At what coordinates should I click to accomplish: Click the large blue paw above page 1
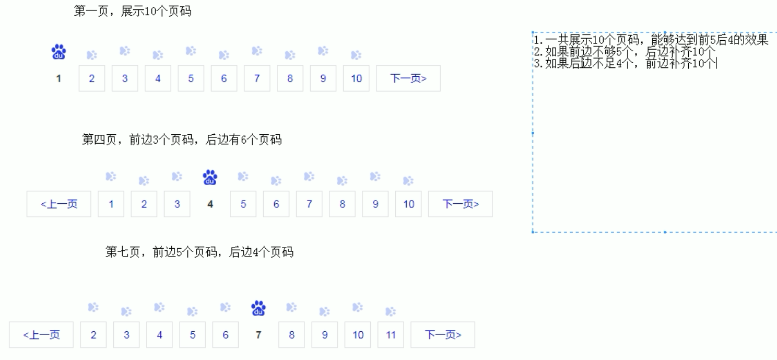[x=58, y=52]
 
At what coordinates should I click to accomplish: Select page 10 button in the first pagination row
[x=356, y=78]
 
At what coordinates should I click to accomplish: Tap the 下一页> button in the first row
[x=408, y=78]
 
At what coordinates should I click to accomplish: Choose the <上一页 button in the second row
[x=59, y=204]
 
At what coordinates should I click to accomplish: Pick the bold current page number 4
[x=210, y=204]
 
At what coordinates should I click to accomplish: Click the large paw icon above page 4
[x=210, y=177]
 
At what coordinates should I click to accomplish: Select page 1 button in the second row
[x=111, y=204]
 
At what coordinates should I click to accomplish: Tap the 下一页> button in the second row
[x=461, y=204]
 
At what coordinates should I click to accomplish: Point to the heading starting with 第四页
[x=182, y=140]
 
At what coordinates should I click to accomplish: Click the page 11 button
[x=391, y=335]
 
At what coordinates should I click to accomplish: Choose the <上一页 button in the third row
[x=41, y=335]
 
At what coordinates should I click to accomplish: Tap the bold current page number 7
[x=258, y=335]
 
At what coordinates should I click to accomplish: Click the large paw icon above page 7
[x=258, y=308]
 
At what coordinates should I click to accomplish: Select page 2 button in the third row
[x=93, y=335]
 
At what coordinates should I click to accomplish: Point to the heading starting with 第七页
[x=199, y=252]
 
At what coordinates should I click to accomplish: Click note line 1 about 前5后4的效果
[x=651, y=40]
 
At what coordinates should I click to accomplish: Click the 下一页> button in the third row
[x=443, y=335]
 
